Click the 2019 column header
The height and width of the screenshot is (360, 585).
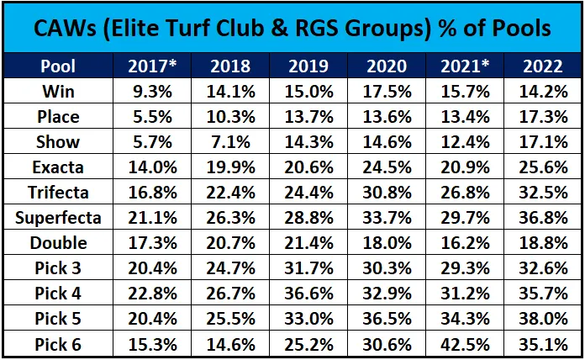[x=308, y=66]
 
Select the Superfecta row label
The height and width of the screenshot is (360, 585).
[x=58, y=218]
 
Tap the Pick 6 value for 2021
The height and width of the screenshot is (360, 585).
[x=465, y=344]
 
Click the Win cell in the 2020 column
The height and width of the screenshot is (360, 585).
[x=387, y=92]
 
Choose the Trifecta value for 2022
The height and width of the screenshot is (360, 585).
[x=543, y=193]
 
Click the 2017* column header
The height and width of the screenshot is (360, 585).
[x=152, y=66]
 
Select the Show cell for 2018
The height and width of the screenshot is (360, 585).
[x=230, y=142]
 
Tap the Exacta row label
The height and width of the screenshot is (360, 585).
[x=58, y=167]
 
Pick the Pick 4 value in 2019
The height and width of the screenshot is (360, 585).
[x=308, y=294]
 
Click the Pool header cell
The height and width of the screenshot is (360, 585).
[x=58, y=66]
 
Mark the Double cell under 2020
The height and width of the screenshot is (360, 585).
[x=387, y=243]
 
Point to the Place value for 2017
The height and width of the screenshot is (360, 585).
[x=153, y=117]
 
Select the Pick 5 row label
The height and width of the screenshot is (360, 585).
[x=58, y=319]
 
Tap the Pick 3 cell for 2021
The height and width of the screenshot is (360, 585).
[x=465, y=268]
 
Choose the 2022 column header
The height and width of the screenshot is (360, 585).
[x=543, y=66]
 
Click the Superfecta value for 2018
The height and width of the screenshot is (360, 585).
[x=230, y=218]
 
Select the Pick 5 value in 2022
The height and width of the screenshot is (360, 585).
[x=543, y=319]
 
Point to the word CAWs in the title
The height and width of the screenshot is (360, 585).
[x=66, y=28]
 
